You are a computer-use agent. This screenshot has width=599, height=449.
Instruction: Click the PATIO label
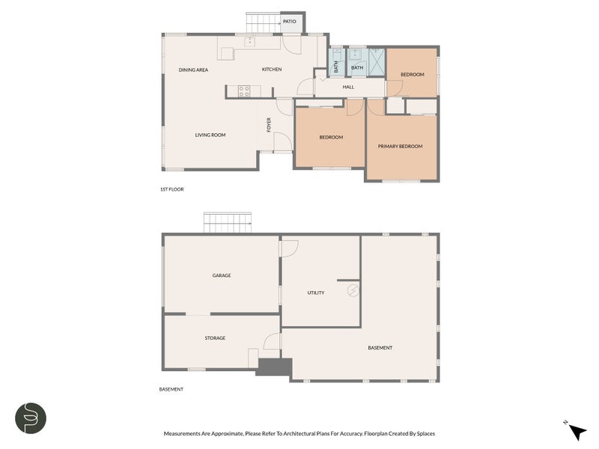tap(289, 22)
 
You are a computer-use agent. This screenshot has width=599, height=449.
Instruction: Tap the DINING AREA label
tap(193, 70)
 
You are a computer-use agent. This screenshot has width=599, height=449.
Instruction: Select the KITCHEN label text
tap(272, 69)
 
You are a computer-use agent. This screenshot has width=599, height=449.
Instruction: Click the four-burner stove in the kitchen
tap(244, 91)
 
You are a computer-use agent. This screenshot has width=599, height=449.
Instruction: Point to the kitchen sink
tap(250, 41)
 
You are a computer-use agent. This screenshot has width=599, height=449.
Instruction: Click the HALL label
tap(348, 87)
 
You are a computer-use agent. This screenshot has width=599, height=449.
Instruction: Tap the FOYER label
tap(269, 125)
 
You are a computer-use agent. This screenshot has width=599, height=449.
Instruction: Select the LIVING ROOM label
tap(210, 135)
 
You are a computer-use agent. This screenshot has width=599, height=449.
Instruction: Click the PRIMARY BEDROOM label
tap(400, 146)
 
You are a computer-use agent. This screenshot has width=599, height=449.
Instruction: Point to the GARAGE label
tap(222, 275)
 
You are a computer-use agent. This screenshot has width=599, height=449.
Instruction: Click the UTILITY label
tap(315, 293)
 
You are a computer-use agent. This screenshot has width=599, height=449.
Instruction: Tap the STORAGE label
tap(215, 338)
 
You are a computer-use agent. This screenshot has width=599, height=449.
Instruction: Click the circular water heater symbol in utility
tap(353, 290)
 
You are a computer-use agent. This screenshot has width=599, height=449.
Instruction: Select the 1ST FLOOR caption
tap(172, 189)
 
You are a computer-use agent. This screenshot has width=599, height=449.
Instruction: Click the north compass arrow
tap(577, 432)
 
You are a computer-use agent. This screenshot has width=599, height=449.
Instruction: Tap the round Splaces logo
tap(31, 418)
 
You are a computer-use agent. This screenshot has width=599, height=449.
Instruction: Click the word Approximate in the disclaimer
tap(227, 434)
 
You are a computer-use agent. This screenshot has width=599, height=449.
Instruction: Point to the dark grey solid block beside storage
tap(274, 367)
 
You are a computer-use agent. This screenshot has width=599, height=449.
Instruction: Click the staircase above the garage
tap(228, 222)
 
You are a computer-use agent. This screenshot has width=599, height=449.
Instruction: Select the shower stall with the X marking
tap(377, 61)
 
